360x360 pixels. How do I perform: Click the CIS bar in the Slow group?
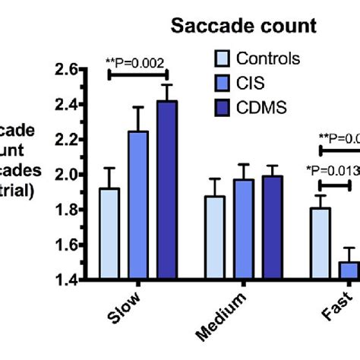point(137,206)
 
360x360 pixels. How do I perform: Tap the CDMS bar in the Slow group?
point(166,191)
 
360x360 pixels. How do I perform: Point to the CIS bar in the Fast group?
point(349,271)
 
